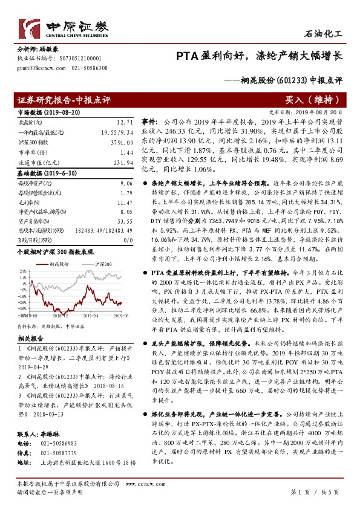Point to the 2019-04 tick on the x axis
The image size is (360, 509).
[91, 315]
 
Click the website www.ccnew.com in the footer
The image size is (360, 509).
[146, 485]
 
